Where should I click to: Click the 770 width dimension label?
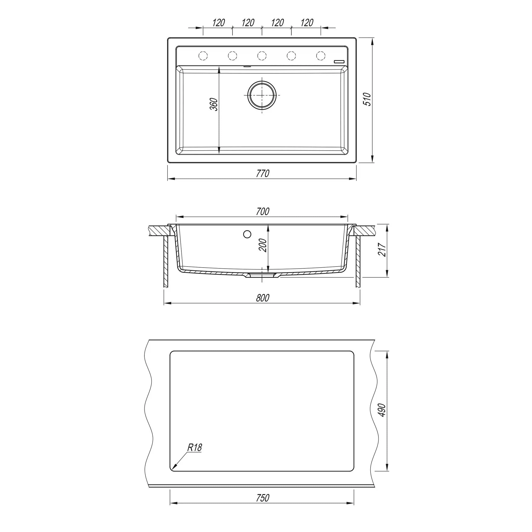[x=263, y=173]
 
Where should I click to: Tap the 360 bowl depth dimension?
[x=214, y=104]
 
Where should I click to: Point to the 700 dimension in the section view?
[x=263, y=211]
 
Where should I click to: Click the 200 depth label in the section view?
[x=263, y=245]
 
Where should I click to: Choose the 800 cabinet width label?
[x=263, y=298]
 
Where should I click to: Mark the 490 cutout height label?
[x=382, y=410]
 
